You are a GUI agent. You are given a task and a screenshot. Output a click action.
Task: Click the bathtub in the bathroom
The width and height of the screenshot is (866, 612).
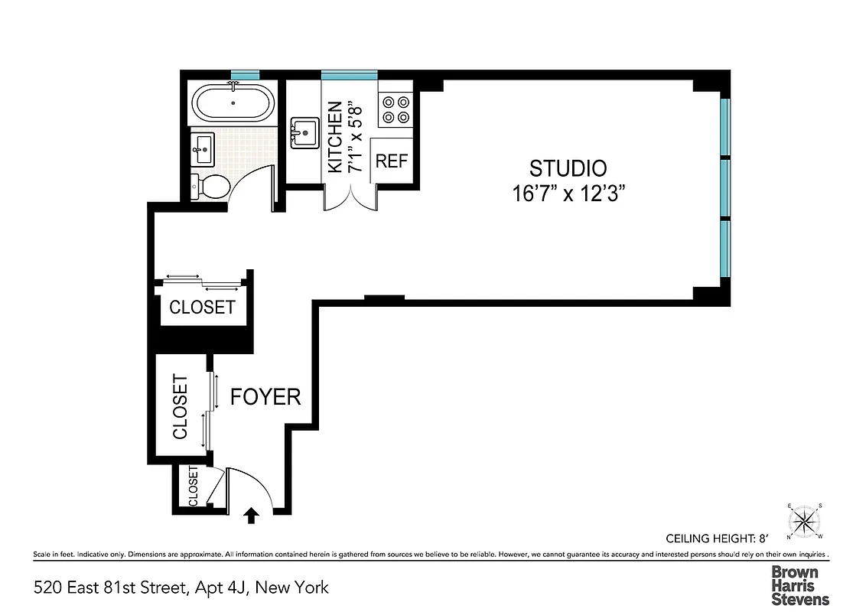click(230, 103)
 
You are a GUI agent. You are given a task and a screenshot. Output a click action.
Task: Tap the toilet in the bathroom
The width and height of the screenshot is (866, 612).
click(211, 186)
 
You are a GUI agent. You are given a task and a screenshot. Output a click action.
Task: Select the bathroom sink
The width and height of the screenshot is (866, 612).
click(203, 147)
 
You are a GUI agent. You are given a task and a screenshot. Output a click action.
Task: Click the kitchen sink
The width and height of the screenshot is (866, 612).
click(304, 132)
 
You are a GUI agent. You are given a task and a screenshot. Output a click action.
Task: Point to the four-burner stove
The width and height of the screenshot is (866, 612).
click(395, 109)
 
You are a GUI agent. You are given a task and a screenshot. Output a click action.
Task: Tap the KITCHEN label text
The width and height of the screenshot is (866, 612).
click(334, 138)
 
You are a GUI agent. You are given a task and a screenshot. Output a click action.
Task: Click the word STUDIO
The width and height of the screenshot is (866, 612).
click(568, 168)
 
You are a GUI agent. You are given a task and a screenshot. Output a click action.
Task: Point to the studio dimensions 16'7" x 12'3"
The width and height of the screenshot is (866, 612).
click(569, 194)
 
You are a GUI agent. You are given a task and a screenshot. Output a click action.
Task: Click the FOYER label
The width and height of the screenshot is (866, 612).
click(265, 397)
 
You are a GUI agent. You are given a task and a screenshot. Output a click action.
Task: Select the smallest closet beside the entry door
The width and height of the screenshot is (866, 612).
click(193, 487)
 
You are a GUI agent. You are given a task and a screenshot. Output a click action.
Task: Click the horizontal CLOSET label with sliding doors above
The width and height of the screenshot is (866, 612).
click(202, 308)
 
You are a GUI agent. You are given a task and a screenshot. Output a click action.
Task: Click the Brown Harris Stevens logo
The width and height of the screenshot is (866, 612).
click(799, 585)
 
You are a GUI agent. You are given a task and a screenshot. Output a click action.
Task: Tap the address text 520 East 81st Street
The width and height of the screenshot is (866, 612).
click(181, 588)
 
